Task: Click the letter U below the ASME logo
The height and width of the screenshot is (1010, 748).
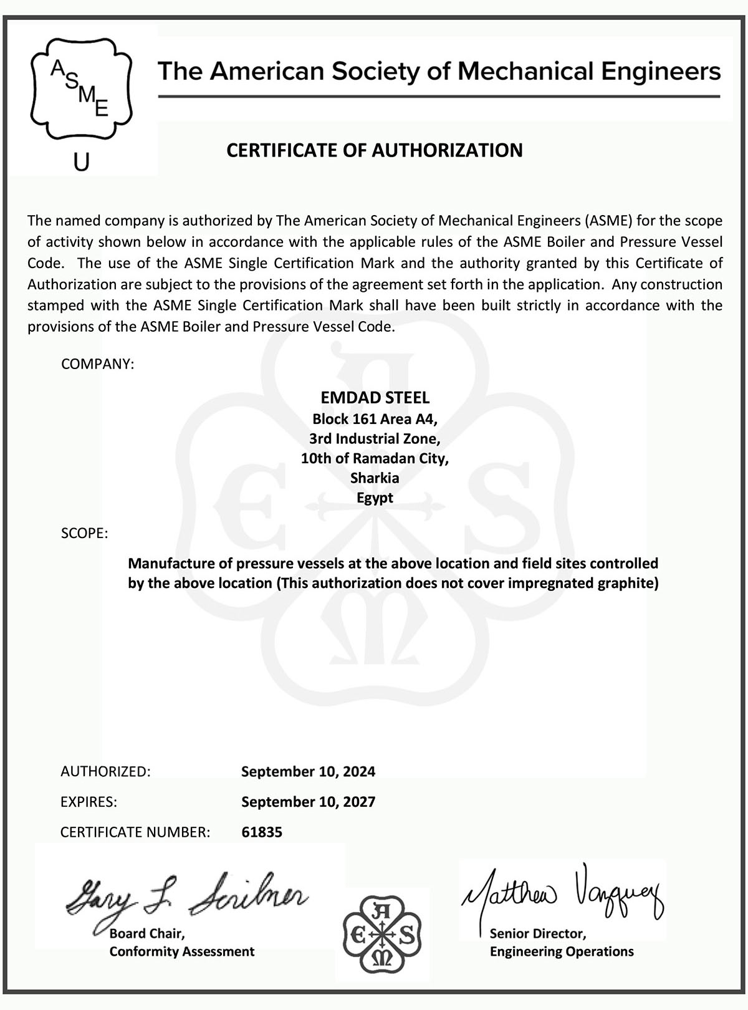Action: pyautogui.click(x=82, y=162)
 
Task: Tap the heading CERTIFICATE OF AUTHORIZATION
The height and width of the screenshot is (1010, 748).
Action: pyautogui.click(x=374, y=150)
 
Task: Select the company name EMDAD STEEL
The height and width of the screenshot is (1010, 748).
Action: pyautogui.click(x=375, y=398)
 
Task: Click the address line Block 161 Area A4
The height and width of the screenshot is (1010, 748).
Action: pyautogui.click(x=375, y=418)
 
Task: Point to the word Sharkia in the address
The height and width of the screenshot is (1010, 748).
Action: pyautogui.click(x=375, y=478)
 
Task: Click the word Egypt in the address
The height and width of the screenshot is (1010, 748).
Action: pyautogui.click(x=375, y=498)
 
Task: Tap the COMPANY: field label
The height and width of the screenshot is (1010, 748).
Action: pyautogui.click(x=97, y=364)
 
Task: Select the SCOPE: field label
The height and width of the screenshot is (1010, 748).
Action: pyautogui.click(x=84, y=534)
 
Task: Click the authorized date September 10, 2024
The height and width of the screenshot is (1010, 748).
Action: pyautogui.click(x=308, y=772)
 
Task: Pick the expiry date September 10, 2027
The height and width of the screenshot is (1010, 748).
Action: pyautogui.click(x=308, y=802)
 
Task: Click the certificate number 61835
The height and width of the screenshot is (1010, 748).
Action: pyautogui.click(x=262, y=832)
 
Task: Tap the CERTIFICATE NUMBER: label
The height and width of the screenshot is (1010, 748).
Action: pyautogui.click(x=135, y=832)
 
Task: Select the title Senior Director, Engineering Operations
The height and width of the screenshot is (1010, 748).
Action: pyautogui.click(x=561, y=943)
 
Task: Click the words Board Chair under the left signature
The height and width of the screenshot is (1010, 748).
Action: pyautogui.click(x=146, y=934)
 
